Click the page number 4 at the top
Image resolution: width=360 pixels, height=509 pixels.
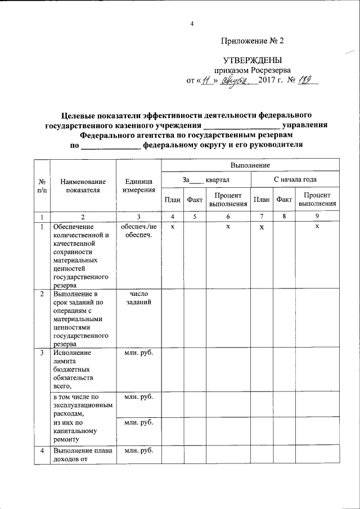pos(192,24)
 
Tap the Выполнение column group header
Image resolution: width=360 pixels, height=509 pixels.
pos(250,165)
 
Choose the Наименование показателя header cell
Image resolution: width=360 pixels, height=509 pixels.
pos(83,186)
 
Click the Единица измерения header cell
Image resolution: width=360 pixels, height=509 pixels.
pos(138,186)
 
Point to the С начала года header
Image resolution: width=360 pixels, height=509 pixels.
pos(294,180)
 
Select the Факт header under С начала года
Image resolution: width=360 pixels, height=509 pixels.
pos(285,199)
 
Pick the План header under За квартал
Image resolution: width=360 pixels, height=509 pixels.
pos(172,199)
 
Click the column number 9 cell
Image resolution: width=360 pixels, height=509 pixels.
pos(317,217)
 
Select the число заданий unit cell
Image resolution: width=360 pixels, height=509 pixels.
pos(138,298)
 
